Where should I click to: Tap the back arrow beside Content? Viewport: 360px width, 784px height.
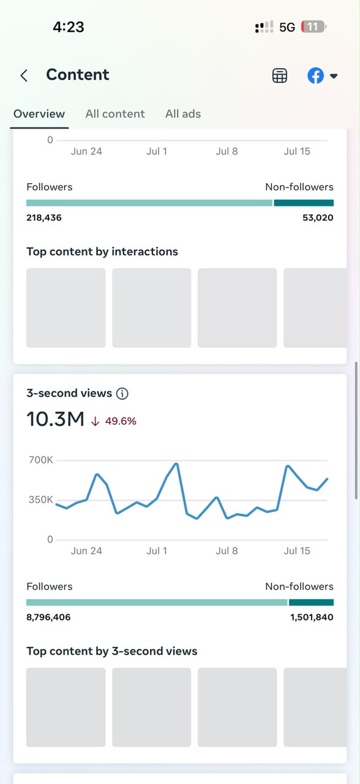(x=24, y=75)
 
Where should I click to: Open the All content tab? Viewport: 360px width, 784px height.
(x=115, y=114)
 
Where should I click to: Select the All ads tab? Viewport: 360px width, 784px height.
(x=183, y=114)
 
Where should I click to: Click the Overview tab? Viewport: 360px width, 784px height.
(x=39, y=114)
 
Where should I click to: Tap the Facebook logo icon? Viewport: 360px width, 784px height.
(x=315, y=75)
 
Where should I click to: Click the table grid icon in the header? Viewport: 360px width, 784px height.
(x=280, y=75)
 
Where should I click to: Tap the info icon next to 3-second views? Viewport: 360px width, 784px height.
(x=122, y=393)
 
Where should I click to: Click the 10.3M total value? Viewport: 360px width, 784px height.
(x=55, y=419)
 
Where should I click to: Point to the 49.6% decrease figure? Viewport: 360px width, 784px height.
(x=121, y=421)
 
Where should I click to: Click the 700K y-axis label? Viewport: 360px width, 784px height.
(x=40, y=459)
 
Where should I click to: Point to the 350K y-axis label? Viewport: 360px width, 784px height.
(x=40, y=499)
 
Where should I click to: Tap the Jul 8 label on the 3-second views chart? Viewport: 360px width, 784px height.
(x=227, y=551)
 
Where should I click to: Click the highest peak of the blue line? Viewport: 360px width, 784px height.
(x=177, y=464)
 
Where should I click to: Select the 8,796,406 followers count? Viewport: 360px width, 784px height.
(x=48, y=617)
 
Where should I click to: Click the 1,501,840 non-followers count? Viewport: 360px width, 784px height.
(x=312, y=617)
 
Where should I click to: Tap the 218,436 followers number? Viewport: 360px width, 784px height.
(x=44, y=217)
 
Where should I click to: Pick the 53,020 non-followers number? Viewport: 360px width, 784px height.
(x=318, y=217)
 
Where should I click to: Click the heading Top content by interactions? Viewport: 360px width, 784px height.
(x=102, y=252)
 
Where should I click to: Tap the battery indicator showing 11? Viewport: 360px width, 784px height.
(x=313, y=27)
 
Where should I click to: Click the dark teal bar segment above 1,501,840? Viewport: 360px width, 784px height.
(x=311, y=602)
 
